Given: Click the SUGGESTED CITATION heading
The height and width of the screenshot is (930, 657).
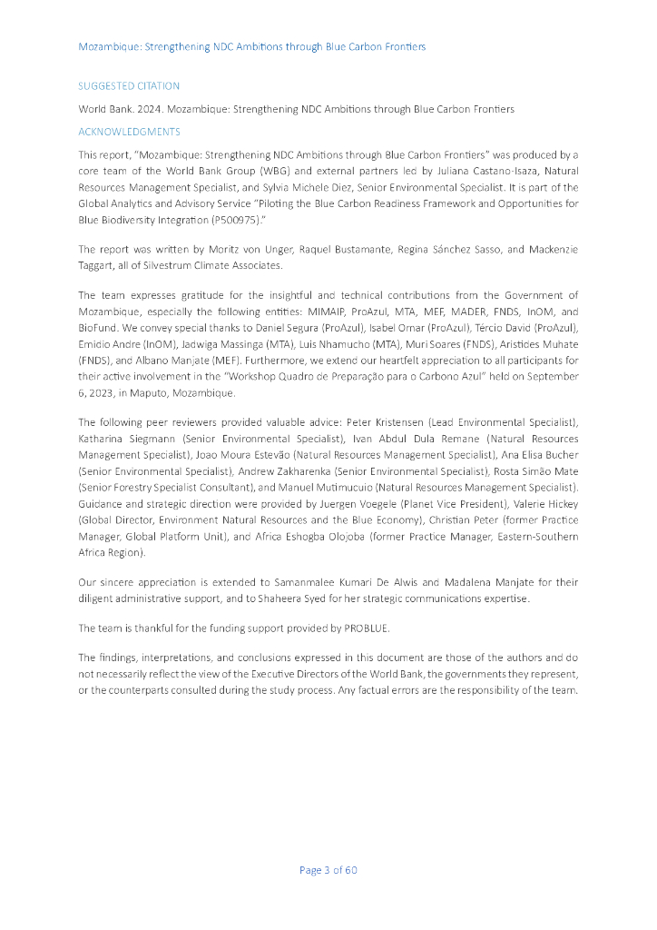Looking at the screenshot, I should (129, 86).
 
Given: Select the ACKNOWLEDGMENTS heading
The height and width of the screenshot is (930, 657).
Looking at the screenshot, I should (129, 132).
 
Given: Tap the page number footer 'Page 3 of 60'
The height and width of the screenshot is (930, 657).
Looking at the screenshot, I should (328, 870).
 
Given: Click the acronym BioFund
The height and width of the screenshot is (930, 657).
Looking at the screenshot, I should (97, 327).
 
